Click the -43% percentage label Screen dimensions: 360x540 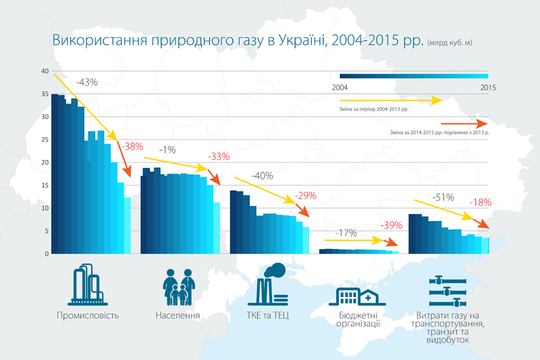click(x=87, y=82)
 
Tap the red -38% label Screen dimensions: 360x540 click(x=132, y=146)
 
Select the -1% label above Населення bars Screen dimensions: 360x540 click(x=168, y=149)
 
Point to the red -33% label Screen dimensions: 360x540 click(x=219, y=157)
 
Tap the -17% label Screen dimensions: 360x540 click(x=346, y=233)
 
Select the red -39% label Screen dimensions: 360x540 click(x=391, y=226)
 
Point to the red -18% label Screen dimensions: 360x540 click(x=481, y=202)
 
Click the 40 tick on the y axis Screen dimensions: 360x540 click(x=44, y=71)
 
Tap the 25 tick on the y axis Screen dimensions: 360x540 click(x=44, y=140)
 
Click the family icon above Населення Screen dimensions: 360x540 click(x=178, y=286)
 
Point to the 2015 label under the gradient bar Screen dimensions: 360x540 click(x=488, y=88)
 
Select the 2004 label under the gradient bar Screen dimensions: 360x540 click(x=341, y=88)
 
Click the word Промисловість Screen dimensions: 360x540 click(x=88, y=316)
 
